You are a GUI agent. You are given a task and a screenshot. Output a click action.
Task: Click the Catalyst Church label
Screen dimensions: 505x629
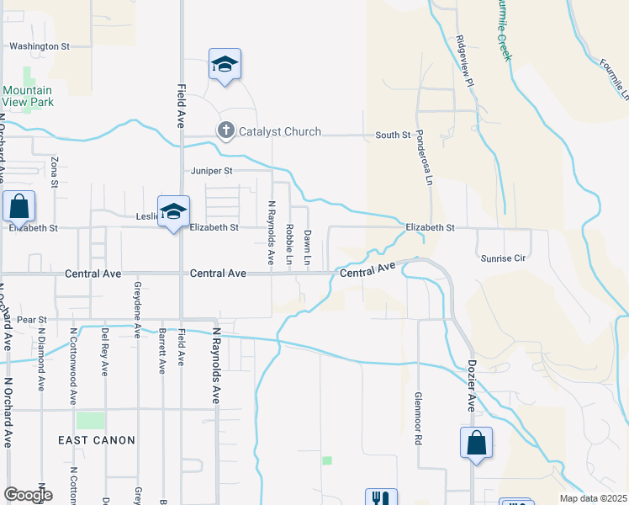tap(280, 131)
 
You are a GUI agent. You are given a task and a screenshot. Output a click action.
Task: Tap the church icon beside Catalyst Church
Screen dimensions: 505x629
tap(225, 130)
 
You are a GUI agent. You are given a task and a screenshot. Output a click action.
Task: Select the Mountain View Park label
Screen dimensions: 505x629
tap(28, 96)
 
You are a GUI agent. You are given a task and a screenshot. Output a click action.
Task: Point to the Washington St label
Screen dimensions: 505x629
tap(39, 46)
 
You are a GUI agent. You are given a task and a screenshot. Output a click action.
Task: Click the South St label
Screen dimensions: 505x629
tap(393, 135)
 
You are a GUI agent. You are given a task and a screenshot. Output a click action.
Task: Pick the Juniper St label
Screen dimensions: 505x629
tap(209, 171)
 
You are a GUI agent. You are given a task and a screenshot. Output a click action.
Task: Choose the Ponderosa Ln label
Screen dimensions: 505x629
tap(428, 169)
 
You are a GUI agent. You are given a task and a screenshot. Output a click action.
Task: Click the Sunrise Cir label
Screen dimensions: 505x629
tap(500, 258)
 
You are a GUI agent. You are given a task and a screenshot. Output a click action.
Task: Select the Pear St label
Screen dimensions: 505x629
tap(30, 320)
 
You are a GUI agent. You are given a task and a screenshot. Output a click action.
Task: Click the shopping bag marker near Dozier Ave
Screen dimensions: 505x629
tap(476, 442)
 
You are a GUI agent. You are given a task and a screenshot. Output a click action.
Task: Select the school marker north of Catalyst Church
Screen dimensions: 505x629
tap(225, 65)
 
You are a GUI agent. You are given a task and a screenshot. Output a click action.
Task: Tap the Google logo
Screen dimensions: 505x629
tap(28, 495)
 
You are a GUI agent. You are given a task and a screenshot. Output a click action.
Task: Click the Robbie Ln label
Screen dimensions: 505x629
tap(288, 244)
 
